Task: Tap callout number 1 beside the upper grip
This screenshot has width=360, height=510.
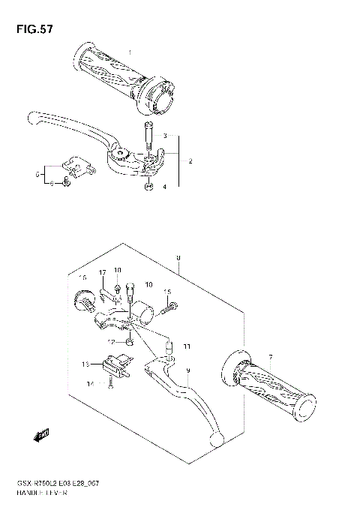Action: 129,52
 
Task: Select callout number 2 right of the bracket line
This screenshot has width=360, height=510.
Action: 190,161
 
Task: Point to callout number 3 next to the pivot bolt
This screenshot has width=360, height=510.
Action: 165,137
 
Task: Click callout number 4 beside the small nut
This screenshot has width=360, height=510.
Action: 165,186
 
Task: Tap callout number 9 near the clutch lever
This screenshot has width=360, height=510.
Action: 188,370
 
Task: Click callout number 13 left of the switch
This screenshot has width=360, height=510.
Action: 85,364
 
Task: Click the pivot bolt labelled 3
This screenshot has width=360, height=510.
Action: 150,137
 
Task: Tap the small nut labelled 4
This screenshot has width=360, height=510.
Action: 150,186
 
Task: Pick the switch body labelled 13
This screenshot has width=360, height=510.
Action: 115,365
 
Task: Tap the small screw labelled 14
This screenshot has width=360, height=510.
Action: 111,385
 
